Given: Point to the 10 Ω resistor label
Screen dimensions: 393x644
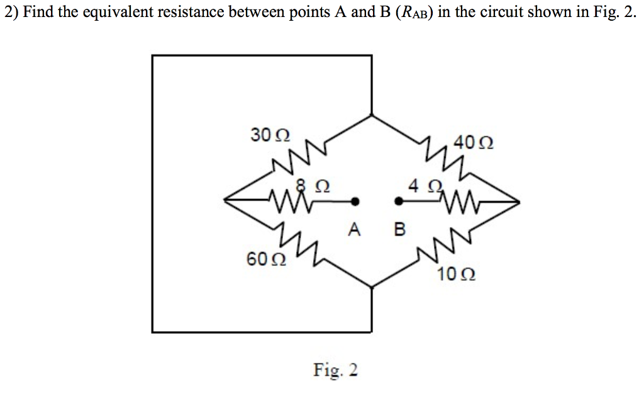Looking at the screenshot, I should [x=456, y=275].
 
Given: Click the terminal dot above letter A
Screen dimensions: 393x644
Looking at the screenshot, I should [x=355, y=202].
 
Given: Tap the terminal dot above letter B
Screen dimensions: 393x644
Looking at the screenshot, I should [x=398, y=202].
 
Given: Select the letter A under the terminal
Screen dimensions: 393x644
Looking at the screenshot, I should [x=355, y=230].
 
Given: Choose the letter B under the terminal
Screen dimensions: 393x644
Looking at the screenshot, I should [x=399, y=230].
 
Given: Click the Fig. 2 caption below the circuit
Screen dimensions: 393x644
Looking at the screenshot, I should [x=336, y=370].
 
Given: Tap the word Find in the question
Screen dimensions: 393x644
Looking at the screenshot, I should [x=36, y=14].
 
